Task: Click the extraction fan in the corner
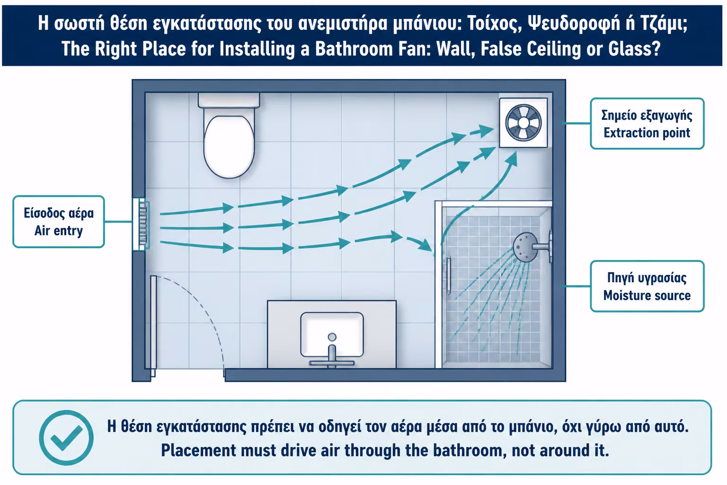coord(523,123)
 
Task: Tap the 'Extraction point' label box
coord(647,124)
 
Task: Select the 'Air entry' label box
coord(59,222)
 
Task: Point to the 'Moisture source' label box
coord(647,286)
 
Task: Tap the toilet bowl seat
coord(229,146)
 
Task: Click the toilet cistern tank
coord(229,100)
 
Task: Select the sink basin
coord(332,334)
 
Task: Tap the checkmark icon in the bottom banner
coord(66,438)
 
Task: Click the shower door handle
coord(448,276)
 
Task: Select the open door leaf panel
coord(153,326)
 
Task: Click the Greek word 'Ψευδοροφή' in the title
coord(574,23)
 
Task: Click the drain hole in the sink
coord(332,337)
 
